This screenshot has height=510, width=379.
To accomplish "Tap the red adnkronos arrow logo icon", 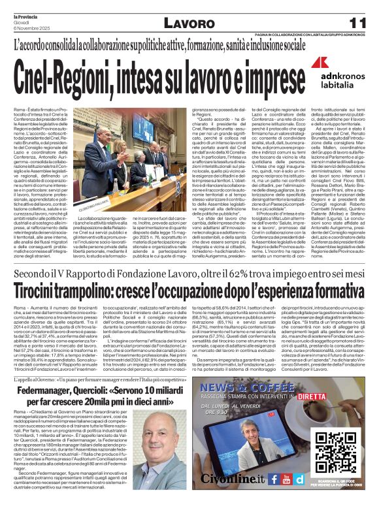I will tap(319, 63).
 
